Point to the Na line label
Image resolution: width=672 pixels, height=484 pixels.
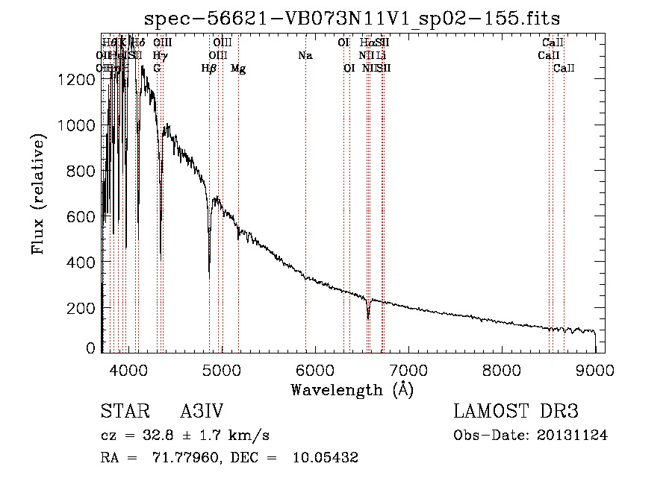pyautogui.click(x=305, y=55)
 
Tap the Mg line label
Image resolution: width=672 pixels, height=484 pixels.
pyautogui.click(x=238, y=69)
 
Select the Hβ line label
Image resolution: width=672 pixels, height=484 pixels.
pyautogui.click(x=209, y=69)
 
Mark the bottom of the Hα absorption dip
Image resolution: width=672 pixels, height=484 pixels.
pyautogui.click(x=368, y=318)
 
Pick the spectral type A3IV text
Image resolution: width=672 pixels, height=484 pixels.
pyautogui.click(x=202, y=412)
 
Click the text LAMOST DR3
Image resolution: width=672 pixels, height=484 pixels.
pyautogui.click(x=516, y=412)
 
